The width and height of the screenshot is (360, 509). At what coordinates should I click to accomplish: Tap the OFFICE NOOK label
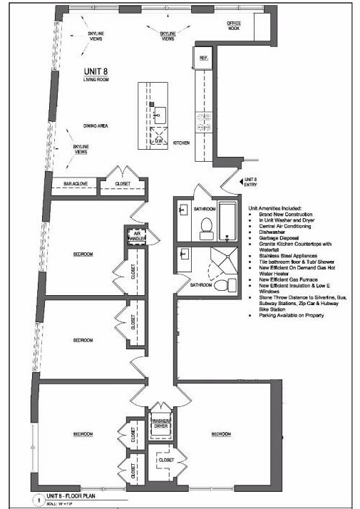click(234, 25)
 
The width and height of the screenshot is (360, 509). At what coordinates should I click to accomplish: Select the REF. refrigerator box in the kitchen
click(203, 58)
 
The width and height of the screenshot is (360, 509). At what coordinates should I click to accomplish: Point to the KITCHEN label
click(182, 143)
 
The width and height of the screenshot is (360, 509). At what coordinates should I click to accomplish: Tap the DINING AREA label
click(95, 125)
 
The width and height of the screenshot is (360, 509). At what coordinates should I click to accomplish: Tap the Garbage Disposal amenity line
click(272, 242)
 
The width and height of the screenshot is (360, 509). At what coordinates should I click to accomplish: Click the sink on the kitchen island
click(160, 111)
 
